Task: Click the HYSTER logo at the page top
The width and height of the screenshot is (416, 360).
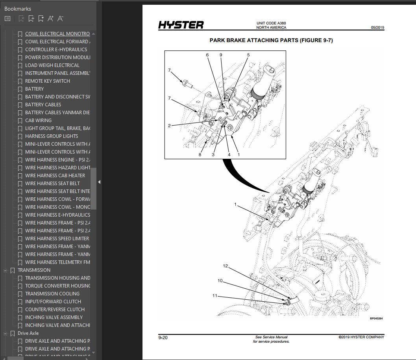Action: click(x=181, y=25)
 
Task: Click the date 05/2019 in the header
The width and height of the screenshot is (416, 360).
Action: click(x=377, y=28)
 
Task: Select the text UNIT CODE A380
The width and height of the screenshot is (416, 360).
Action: click(x=271, y=23)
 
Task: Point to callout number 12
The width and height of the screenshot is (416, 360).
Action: click(x=226, y=266)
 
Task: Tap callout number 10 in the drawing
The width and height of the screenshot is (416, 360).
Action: click(x=220, y=281)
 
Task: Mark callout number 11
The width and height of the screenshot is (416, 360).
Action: click(x=215, y=296)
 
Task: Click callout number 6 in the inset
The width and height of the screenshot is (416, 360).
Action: click(x=207, y=55)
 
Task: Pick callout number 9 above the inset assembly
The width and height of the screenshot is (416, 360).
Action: click(x=221, y=55)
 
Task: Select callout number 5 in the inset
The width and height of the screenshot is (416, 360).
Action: click(x=248, y=55)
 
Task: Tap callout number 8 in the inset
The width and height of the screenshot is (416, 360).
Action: click(x=200, y=155)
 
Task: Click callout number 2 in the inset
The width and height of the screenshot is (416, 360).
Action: click(x=169, y=126)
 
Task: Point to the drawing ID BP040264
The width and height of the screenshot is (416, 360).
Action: click(x=376, y=319)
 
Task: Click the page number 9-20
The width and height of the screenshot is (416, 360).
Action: click(x=163, y=338)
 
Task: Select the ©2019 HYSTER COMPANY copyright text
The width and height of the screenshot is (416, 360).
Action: click(x=361, y=337)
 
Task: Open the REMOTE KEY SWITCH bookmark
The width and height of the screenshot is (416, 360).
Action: click(x=48, y=81)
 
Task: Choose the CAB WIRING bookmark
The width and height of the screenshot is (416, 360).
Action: click(x=38, y=121)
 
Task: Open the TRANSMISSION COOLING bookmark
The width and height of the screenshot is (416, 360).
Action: click(x=52, y=294)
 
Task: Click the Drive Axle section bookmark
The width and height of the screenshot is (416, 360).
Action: click(x=28, y=333)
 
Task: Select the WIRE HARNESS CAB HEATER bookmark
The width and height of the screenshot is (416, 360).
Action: click(x=55, y=176)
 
